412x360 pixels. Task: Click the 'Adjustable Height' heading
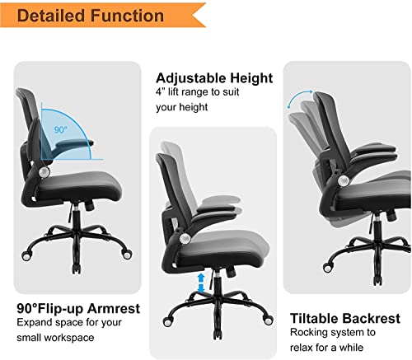point(214,79)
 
